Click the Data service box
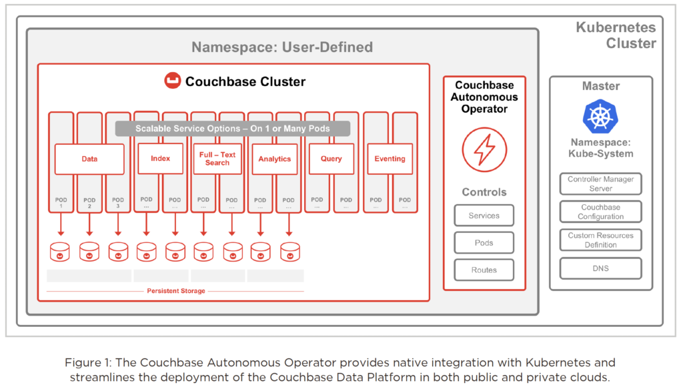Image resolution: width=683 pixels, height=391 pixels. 89,159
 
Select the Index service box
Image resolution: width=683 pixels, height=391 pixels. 160,159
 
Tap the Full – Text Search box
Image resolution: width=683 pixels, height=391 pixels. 217,159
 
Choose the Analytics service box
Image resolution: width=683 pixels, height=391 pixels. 274,159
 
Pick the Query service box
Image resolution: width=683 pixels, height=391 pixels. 331,159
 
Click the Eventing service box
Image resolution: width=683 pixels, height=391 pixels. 390,159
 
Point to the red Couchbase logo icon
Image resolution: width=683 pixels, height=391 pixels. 173,81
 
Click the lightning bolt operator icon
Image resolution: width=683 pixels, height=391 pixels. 484,149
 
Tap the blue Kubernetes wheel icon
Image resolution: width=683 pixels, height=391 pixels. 600,116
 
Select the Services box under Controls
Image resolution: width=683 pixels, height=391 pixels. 484,216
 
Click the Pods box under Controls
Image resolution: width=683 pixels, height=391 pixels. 484,243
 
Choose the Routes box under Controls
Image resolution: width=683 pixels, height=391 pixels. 484,270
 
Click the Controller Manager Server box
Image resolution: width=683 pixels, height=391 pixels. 601,184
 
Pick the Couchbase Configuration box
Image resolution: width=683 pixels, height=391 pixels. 601,212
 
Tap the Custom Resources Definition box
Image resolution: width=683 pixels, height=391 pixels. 601,240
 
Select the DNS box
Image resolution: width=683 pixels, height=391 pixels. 601,268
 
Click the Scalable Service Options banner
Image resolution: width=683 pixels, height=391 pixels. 233,129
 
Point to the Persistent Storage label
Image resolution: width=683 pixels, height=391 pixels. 176,291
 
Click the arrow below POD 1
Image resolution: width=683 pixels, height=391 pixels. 61,224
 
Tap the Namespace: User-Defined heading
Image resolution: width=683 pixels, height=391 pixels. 282,47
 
